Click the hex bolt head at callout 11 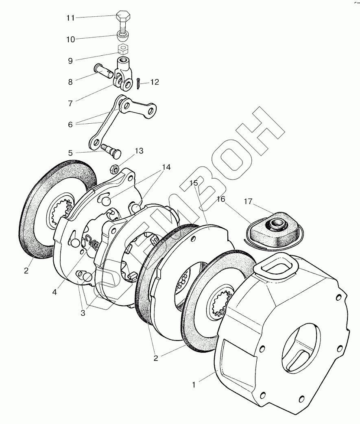tap(123, 18)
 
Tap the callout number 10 tap(70, 39)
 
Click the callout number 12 tap(155, 82)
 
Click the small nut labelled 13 tap(115, 167)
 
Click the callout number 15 tap(194, 184)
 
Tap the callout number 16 tap(221, 199)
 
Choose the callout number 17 tap(249, 201)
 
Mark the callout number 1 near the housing tap(194, 384)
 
